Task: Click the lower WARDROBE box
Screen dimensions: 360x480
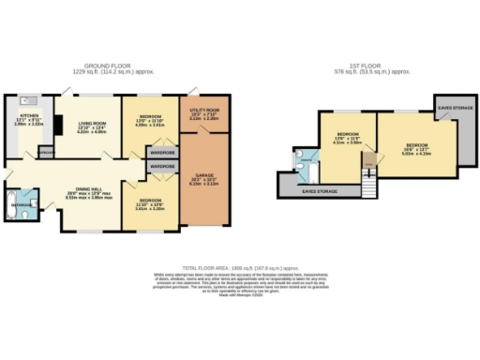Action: click(x=162, y=166)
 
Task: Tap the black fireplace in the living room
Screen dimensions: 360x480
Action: click(x=56, y=124)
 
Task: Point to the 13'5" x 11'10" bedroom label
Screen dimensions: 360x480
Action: click(x=151, y=120)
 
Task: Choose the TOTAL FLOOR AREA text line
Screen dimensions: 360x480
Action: click(x=240, y=267)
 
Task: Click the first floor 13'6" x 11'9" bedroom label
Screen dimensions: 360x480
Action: click(x=342, y=138)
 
